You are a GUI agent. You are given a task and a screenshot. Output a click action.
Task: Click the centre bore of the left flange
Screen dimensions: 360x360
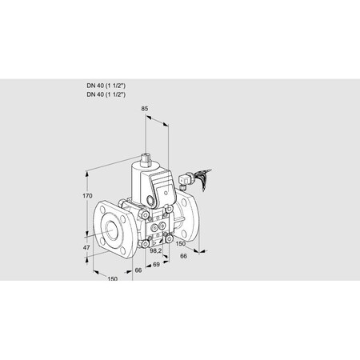[x=110, y=230]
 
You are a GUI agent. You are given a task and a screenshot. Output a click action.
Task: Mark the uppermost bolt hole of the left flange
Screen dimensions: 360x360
[x=106, y=206]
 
